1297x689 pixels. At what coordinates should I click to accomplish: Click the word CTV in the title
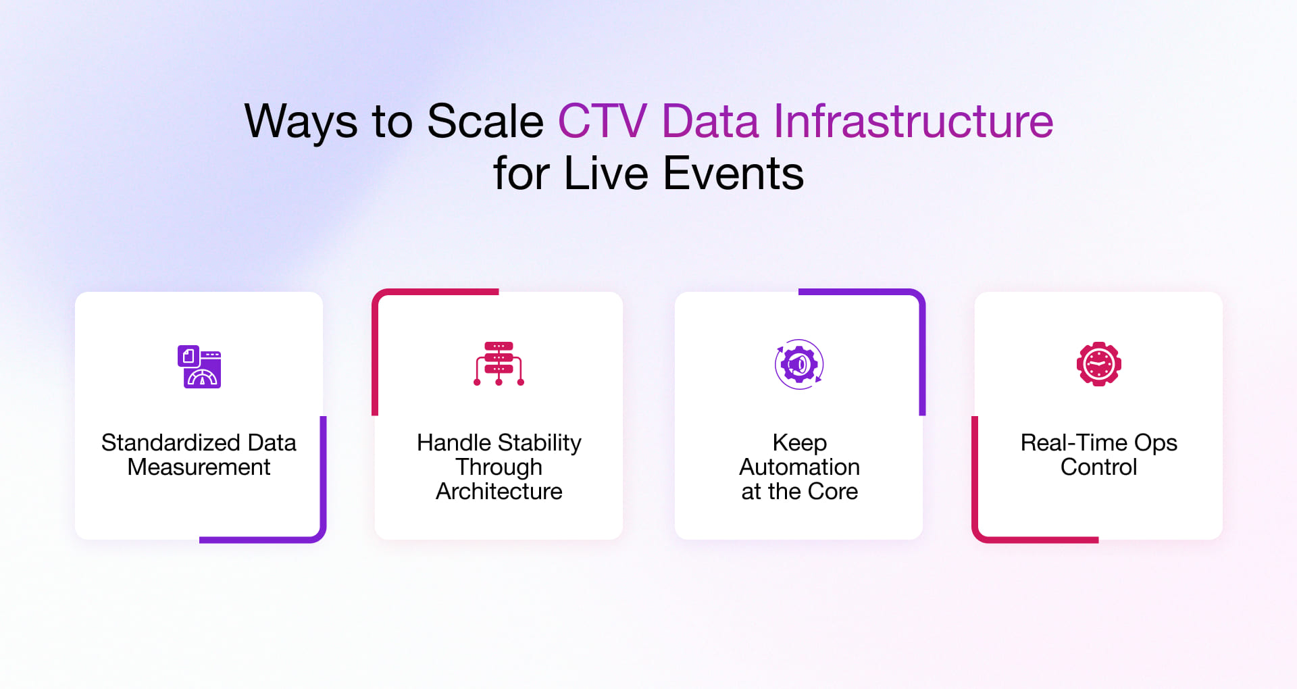tap(602, 122)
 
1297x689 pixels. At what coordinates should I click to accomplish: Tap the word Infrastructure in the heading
tap(913, 122)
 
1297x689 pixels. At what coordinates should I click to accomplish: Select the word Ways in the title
tap(301, 123)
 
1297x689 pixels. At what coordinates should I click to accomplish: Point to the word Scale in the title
tap(485, 122)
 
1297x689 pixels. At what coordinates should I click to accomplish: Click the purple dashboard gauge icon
tap(199, 366)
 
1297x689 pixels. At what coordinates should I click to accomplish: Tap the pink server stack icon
tap(499, 363)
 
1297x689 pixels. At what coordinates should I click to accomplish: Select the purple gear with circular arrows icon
tap(799, 364)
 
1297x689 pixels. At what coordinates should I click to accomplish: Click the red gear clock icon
tap(1098, 364)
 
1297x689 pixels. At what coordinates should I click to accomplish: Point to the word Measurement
tap(199, 467)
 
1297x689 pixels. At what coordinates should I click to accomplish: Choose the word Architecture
tap(499, 491)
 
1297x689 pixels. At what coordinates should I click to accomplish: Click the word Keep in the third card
tap(799, 442)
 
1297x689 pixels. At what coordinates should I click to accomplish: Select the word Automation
tap(799, 467)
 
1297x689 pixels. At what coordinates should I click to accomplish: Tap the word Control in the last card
tap(1098, 467)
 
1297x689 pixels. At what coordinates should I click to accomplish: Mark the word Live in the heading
tap(606, 174)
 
